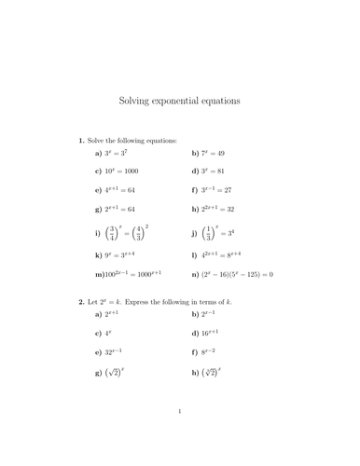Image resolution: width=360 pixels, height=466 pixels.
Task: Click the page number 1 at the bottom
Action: (179, 435)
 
